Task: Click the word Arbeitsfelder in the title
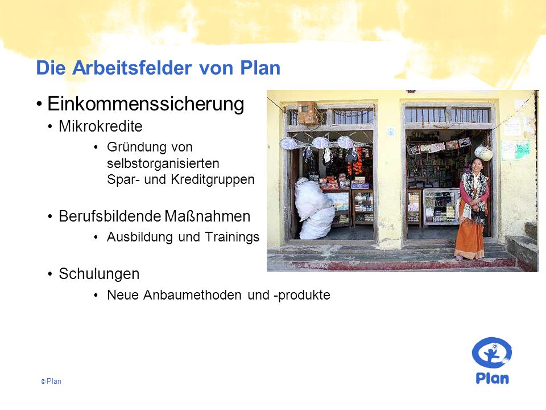(132, 68)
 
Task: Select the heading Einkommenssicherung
(146, 104)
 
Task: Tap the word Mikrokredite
(101, 126)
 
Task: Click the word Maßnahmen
(208, 216)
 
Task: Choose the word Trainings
(232, 237)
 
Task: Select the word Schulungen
(99, 274)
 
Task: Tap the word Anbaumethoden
(192, 295)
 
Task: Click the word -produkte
(302, 296)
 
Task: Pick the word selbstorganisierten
(163, 163)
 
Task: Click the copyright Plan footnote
(51, 382)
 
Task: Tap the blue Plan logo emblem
(491, 352)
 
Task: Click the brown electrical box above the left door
(308, 112)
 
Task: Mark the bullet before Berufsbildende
(51, 217)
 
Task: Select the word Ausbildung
(140, 237)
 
